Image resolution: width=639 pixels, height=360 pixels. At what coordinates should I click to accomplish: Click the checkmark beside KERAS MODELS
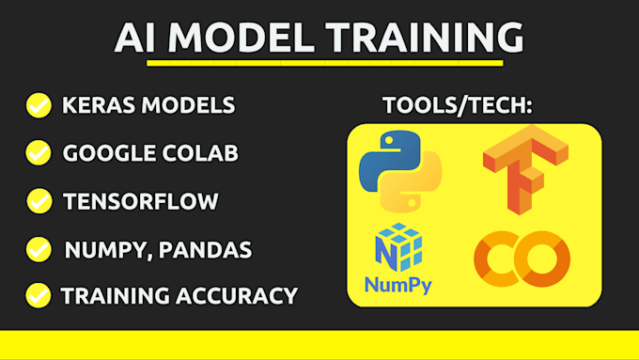(x=39, y=104)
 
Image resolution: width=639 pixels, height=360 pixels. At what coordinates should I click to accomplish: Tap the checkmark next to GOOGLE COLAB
(x=39, y=152)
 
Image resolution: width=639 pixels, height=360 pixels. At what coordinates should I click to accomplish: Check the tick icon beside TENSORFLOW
(x=39, y=200)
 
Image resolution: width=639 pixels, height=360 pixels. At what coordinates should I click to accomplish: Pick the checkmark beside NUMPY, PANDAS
(x=39, y=249)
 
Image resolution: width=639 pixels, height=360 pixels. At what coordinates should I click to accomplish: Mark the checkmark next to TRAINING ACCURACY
(x=39, y=296)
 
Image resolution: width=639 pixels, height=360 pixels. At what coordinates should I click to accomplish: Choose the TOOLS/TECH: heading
(x=458, y=104)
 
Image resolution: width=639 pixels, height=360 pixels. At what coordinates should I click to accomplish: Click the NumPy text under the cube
(x=399, y=285)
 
